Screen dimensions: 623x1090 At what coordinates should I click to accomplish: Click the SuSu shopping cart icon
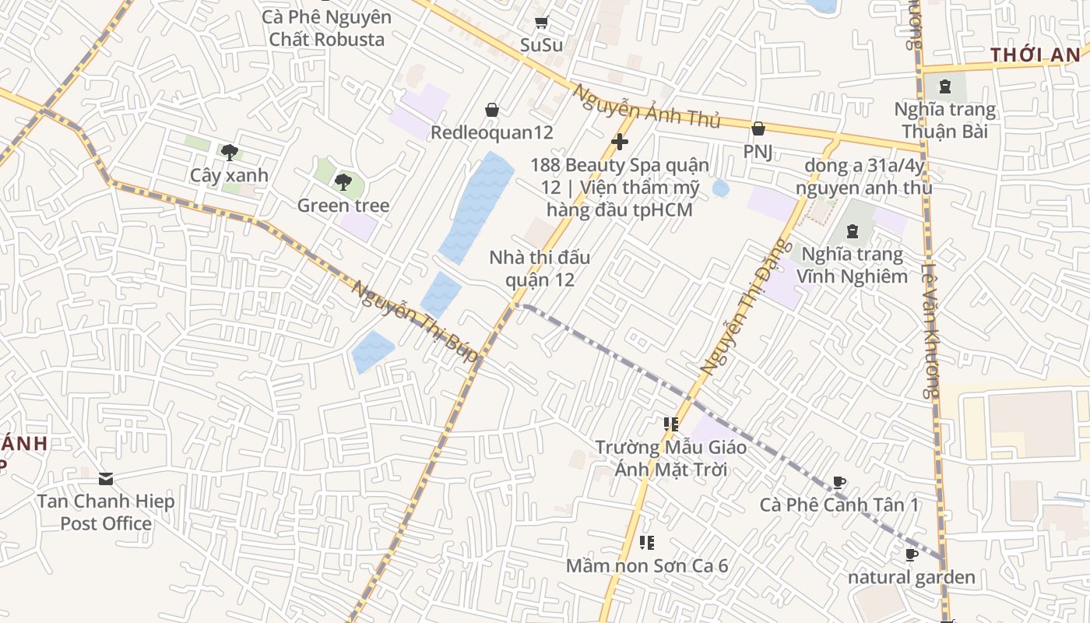pyautogui.click(x=541, y=23)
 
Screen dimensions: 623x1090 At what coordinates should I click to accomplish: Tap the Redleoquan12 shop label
pyautogui.click(x=492, y=132)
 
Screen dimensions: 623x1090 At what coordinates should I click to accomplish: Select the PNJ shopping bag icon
pyautogui.click(x=758, y=128)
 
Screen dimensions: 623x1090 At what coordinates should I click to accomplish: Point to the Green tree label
pyautogui.click(x=343, y=206)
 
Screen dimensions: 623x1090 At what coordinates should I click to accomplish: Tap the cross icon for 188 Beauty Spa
pyautogui.click(x=620, y=142)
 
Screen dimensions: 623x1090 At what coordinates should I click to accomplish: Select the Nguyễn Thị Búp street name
pyautogui.click(x=414, y=321)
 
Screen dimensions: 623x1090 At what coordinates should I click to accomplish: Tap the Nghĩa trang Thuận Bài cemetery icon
pyautogui.click(x=945, y=86)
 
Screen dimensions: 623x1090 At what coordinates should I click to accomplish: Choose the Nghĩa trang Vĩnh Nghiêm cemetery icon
pyautogui.click(x=853, y=231)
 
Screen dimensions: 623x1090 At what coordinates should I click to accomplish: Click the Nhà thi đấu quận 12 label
pyautogui.click(x=540, y=268)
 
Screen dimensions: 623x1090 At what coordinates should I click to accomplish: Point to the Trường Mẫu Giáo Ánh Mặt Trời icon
pyautogui.click(x=670, y=424)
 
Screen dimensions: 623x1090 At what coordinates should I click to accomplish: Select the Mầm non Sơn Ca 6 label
pyautogui.click(x=647, y=565)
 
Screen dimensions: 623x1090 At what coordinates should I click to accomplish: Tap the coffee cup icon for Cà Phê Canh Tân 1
pyautogui.click(x=839, y=483)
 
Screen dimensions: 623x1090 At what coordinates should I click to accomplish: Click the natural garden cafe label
pyautogui.click(x=911, y=577)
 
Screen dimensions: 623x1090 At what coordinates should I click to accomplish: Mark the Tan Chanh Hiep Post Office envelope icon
pyautogui.click(x=106, y=478)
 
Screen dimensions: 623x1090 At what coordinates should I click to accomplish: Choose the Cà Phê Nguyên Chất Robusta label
pyautogui.click(x=327, y=28)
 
